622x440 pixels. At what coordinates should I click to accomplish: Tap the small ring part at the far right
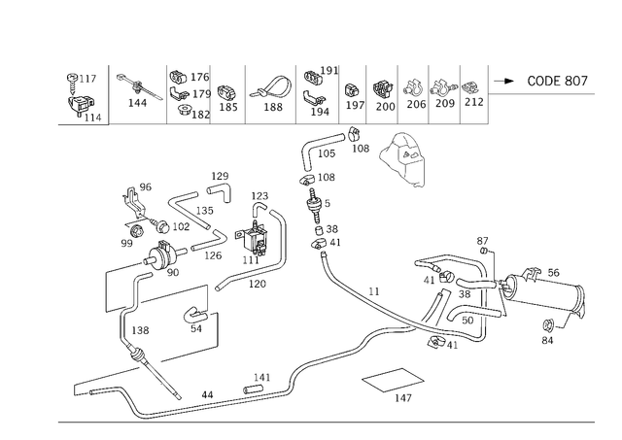coord(551,335)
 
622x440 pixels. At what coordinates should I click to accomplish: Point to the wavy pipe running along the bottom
coord(292,374)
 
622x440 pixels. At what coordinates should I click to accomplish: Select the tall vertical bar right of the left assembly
coord(285,238)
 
